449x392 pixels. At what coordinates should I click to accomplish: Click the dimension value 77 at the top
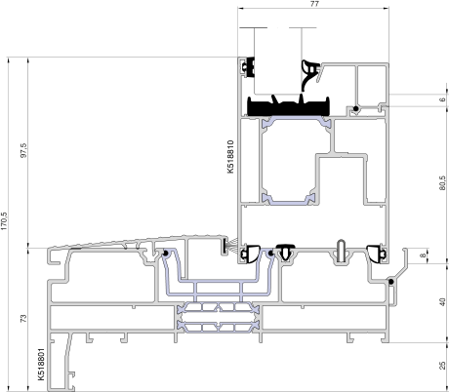pos(314,4)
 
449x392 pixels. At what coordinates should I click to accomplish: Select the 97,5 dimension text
pos(24,150)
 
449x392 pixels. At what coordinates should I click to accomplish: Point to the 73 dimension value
pos(24,319)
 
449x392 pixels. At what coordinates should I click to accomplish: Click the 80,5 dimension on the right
pos(442,183)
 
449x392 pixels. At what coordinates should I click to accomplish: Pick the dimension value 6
pos(442,99)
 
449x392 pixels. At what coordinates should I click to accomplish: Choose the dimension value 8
pos(423,255)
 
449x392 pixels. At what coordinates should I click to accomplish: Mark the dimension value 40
pos(442,302)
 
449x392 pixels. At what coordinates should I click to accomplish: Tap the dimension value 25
pos(442,366)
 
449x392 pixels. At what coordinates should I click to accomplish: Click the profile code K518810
pos(230,157)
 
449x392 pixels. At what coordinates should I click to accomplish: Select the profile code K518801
pos(41,364)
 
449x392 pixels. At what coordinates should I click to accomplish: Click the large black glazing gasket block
pos(289,106)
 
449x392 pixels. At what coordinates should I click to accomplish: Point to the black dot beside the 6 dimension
pos(356,108)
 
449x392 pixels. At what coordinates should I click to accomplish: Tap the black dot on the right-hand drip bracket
pos(391,282)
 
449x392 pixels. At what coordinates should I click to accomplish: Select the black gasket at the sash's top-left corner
pos(249,67)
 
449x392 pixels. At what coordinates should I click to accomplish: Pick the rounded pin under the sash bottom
pos(341,251)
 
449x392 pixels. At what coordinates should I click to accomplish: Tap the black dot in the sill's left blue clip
pos(165,254)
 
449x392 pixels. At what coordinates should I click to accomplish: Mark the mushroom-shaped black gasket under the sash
pos(285,252)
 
